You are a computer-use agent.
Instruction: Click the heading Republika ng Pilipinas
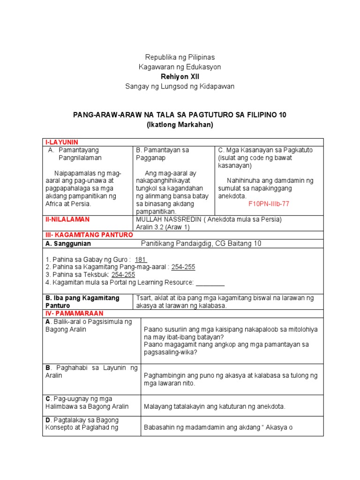tap(180, 57)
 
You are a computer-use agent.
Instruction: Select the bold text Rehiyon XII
tap(180, 76)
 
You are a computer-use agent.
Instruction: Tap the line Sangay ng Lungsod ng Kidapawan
tap(180, 86)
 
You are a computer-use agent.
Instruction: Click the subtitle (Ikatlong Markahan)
tap(180, 124)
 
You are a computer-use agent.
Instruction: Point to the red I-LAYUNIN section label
tap(61, 142)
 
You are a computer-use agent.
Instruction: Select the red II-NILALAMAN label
tap(67, 219)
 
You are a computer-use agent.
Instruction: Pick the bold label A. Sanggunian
tap(68, 244)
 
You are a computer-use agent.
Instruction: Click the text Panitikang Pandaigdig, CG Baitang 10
tap(201, 243)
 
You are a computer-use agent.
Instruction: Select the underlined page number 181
tap(141, 259)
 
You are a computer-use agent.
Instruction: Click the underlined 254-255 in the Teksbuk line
tap(123, 274)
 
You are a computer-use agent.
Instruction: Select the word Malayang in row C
tap(158, 406)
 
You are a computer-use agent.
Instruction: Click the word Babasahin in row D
tap(160, 427)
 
